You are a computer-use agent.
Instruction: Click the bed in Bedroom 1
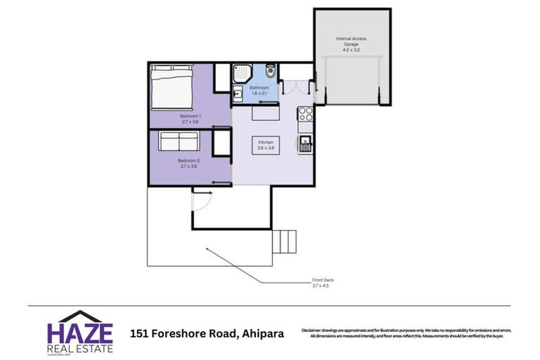coord(169,87)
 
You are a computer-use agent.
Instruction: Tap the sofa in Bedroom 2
coord(179,142)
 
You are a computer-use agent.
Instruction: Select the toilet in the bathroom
coord(271,72)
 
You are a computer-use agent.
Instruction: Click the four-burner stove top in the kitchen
coord(306,114)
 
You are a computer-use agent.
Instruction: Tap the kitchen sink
coord(307,145)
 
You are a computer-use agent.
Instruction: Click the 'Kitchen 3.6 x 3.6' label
coord(266,144)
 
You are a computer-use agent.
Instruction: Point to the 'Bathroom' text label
coord(259,88)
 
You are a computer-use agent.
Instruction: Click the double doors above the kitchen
coord(294,87)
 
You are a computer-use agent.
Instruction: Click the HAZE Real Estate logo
coord(79,331)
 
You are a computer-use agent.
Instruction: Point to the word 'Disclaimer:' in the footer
coord(314,330)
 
